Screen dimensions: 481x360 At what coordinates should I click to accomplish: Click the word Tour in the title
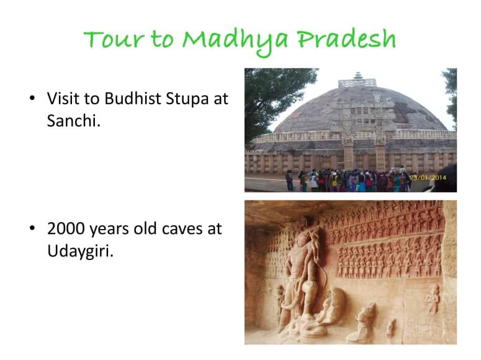click(x=114, y=40)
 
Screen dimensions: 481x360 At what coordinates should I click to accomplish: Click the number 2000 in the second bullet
click(x=66, y=228)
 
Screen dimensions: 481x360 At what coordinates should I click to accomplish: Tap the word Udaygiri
click(x=80, y=251)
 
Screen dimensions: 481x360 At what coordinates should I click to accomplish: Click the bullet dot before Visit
click(x=32, y=98)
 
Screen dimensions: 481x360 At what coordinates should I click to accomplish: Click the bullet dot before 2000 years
click(x=32, y=228)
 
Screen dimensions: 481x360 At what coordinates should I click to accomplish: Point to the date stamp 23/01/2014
click(x=428, y=178)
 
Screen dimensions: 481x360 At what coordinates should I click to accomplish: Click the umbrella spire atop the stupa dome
click(x=357, y=76)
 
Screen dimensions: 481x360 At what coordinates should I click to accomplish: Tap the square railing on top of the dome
click(x=357, y=83)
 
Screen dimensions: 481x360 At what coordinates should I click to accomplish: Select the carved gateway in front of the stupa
click(x=364, y=132)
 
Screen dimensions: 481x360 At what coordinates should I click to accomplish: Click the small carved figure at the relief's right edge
click(x=432, y=299)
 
